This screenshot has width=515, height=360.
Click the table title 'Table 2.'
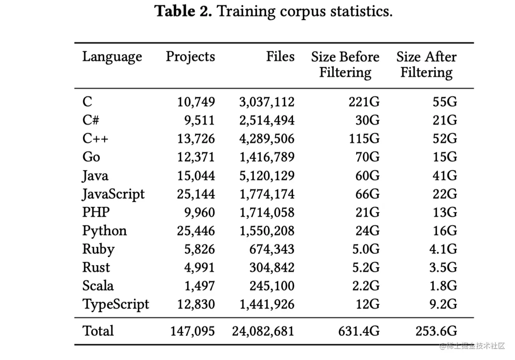tap(183, 11)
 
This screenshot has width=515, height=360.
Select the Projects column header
tap(190, 57)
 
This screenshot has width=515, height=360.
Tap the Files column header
tap(280, 57)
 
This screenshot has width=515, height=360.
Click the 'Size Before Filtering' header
tap(345, 64)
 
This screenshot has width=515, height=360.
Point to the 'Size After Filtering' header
tap(426, 64)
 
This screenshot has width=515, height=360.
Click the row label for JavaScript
tap(113, 194)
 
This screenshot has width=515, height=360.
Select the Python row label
tap(104, 231)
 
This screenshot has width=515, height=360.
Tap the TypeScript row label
tap(116, 304)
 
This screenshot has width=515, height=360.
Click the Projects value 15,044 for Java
tap(196, 176)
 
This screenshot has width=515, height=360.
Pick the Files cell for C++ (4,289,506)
tap(267, 139)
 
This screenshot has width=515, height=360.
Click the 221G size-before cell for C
tap(364, 102)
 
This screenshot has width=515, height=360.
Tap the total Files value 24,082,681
tap(263, 331)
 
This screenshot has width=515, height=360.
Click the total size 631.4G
tap(359, 331)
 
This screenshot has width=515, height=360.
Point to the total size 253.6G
tap(436, 331)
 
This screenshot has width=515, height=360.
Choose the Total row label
tap(98, 331)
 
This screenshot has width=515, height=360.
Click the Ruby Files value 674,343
tap(272, 249)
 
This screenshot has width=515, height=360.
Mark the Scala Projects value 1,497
tap(200, 286)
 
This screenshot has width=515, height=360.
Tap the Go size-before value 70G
tap(367, 157)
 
